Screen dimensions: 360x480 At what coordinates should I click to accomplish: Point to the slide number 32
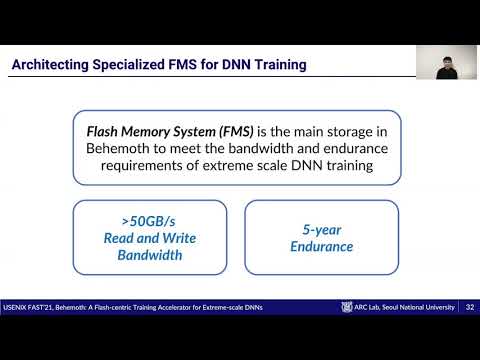[x=469, y=307]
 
